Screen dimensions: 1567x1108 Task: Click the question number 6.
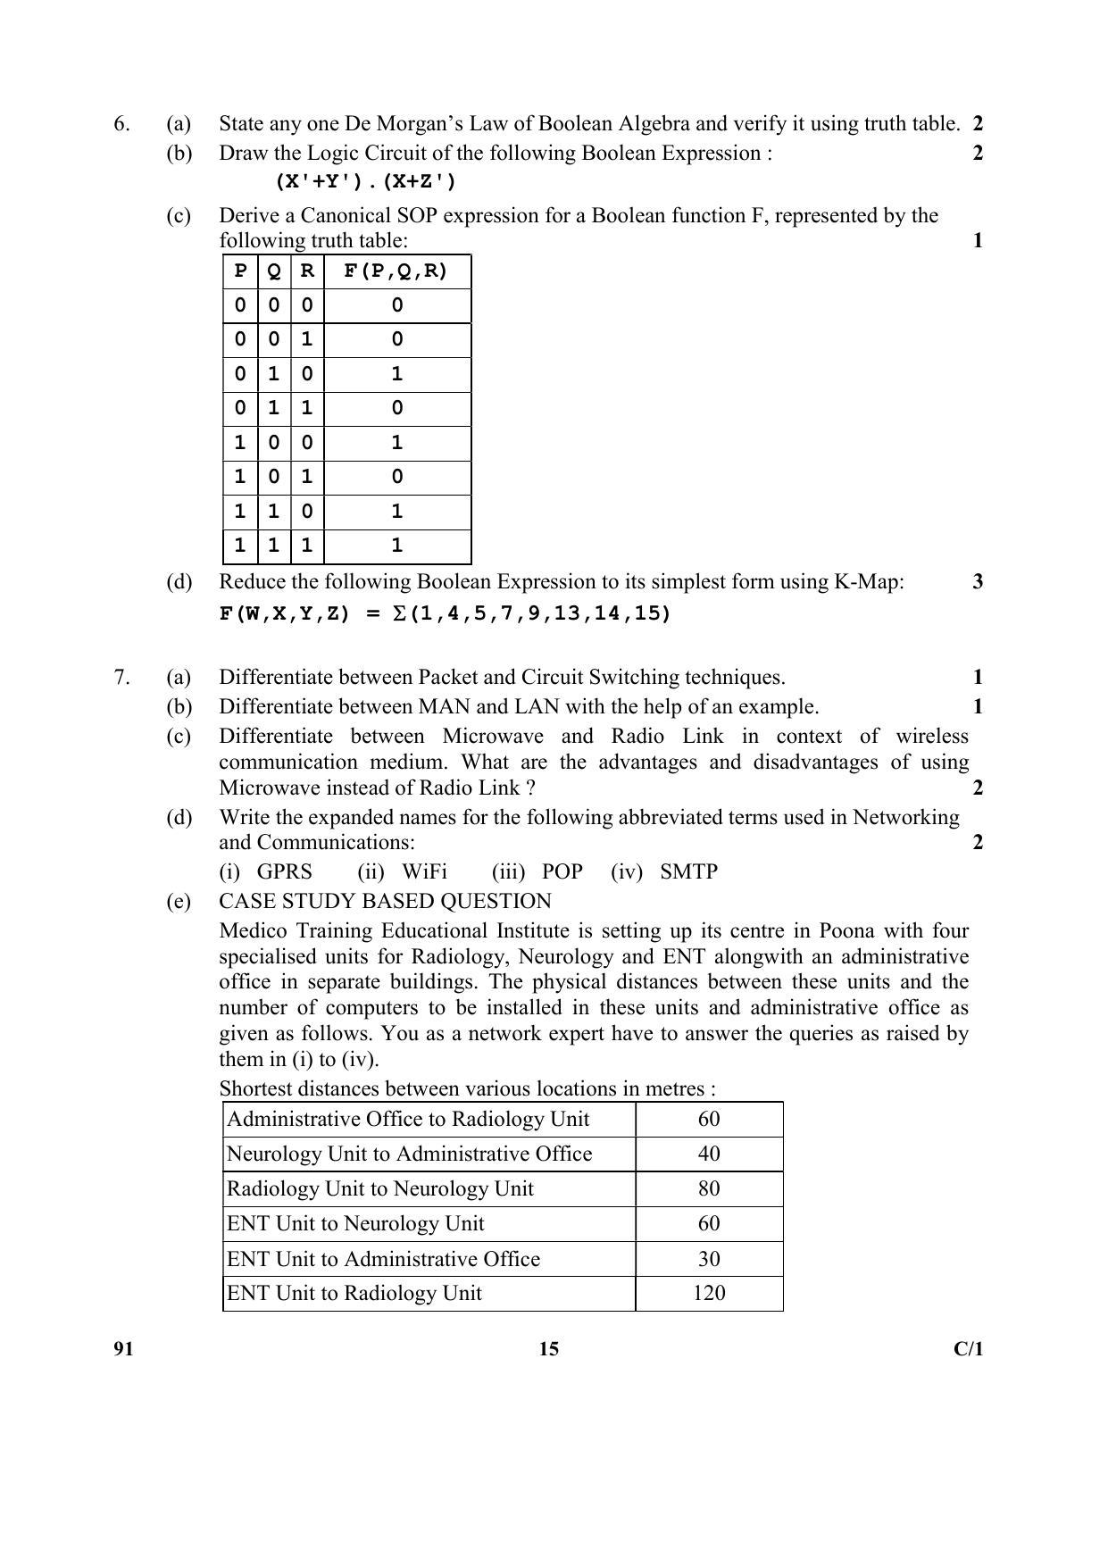coord(121,124)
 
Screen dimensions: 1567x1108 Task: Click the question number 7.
coord(121,678)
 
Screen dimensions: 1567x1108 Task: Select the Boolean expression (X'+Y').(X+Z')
coord(365,182)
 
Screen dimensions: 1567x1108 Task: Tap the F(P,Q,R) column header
coord(396,271)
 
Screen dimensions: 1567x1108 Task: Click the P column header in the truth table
coord(239,271)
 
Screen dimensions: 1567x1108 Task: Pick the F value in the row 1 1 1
coord(396,546)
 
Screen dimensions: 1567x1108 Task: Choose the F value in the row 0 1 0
coord(396,375)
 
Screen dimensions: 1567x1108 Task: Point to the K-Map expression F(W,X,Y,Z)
coord(445,614)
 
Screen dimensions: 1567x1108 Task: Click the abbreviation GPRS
coord(284,872)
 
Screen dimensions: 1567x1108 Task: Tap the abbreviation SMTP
coord(688,872)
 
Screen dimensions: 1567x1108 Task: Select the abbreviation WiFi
coord(424,872)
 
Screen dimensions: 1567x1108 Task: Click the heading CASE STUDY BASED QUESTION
coord(385,902)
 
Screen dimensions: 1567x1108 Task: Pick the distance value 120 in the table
coord(709,1294)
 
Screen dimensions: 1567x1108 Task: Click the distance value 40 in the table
coord(709,1154)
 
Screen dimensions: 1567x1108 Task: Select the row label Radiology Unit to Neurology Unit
coord(380,1189)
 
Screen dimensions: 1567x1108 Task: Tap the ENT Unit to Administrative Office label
coord(384,1260)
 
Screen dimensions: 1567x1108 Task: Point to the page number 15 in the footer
coord(549,1349)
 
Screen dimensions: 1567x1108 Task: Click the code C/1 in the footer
coord(968,1349)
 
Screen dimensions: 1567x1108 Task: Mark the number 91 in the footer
coord(123,1349)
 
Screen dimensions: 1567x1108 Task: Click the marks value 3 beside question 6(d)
coord(978,582)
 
